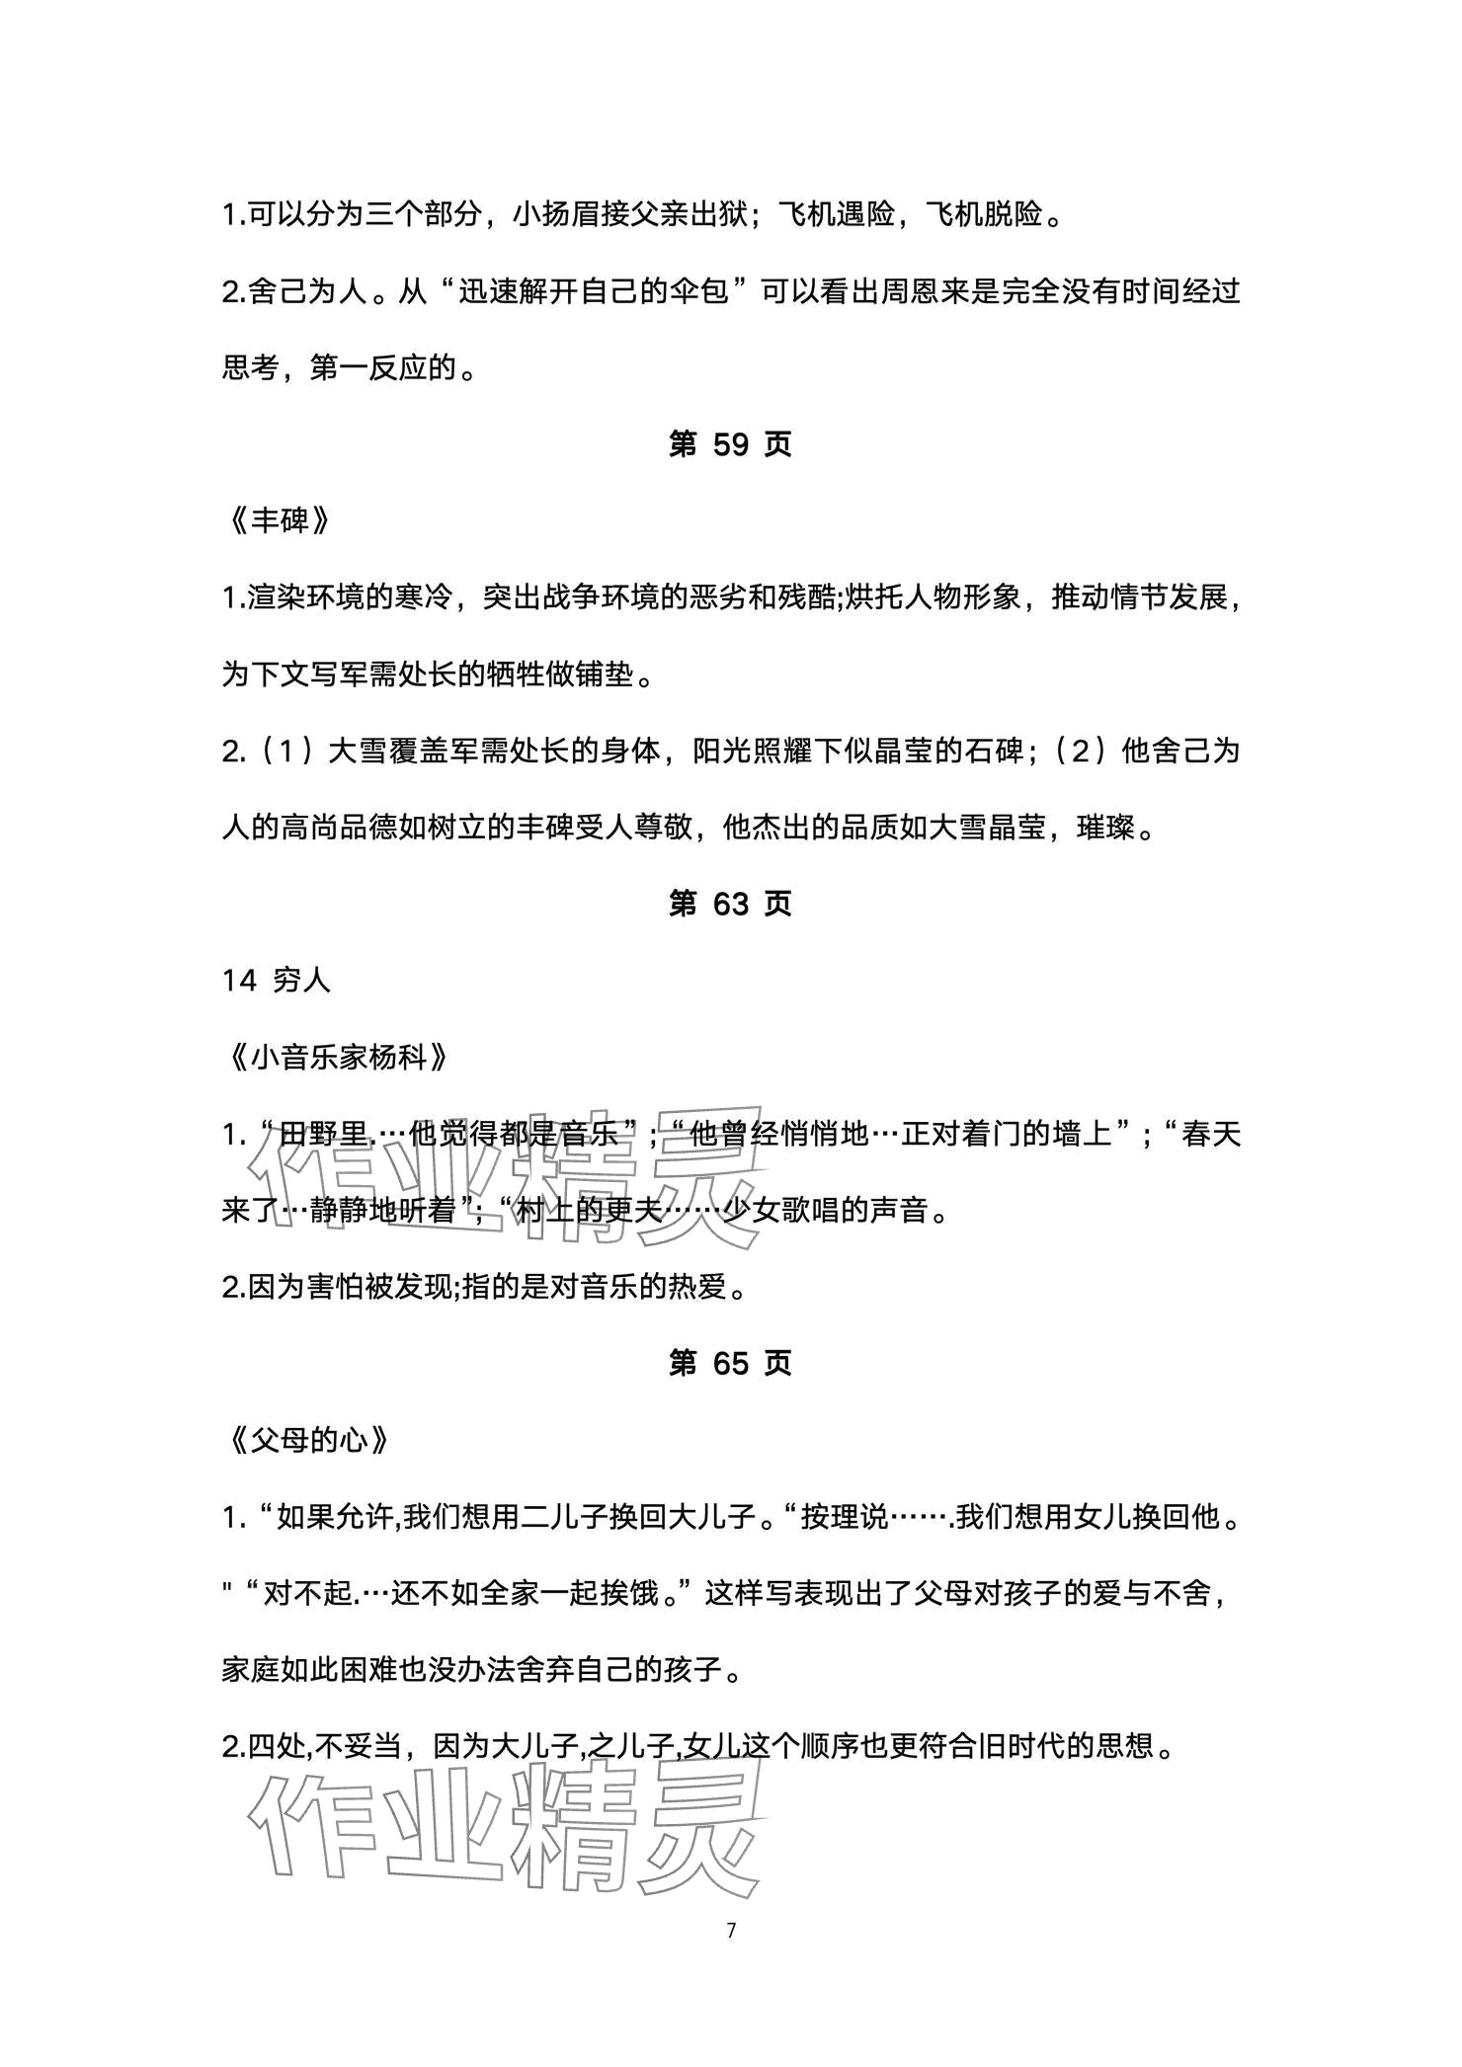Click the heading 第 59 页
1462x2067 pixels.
[x=730, y=444]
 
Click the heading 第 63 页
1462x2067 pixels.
[x=730, y=904]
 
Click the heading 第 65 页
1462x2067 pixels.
[x=730, y=1363]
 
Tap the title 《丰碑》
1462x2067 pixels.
[x=278, y=521]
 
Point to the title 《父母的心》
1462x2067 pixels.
[x=306, y=1440]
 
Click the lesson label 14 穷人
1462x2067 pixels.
[x=277, y=981]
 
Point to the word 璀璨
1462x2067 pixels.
[x=1105, y=828]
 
